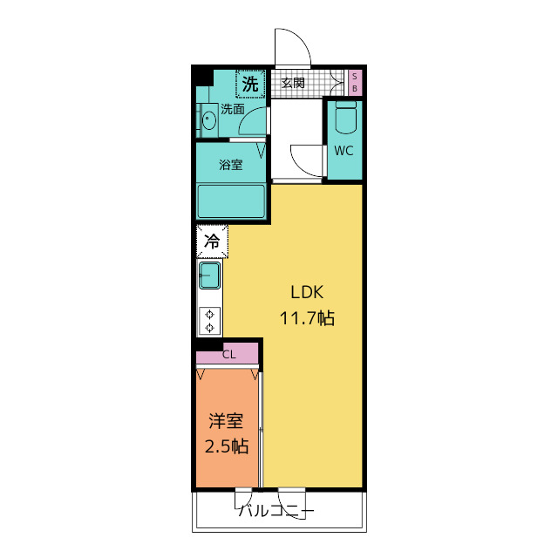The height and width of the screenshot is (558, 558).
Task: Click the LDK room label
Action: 307,292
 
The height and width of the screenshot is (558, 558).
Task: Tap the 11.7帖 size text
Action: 307,318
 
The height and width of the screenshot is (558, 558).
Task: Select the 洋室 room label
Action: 226,421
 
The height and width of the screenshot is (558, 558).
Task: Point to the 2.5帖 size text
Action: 227,446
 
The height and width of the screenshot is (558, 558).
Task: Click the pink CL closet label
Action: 228,355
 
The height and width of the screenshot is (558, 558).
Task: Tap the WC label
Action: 344,151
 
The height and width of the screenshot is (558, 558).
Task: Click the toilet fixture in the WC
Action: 346,118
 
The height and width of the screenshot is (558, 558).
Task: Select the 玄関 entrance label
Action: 293,83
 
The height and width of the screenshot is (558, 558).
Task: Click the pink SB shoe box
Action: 355,82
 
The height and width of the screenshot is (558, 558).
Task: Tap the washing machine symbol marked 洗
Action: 250,84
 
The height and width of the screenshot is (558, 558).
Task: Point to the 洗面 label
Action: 233,109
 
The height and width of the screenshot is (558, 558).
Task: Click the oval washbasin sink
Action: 208,120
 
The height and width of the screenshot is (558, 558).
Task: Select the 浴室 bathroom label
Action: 231,165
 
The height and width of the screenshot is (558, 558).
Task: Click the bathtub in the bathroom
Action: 231,201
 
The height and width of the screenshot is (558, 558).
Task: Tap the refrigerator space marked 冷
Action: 212,242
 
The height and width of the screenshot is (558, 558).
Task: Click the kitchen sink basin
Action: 209,276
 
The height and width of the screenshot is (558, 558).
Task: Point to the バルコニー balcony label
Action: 276,512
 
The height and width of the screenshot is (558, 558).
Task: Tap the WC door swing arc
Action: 301,168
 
